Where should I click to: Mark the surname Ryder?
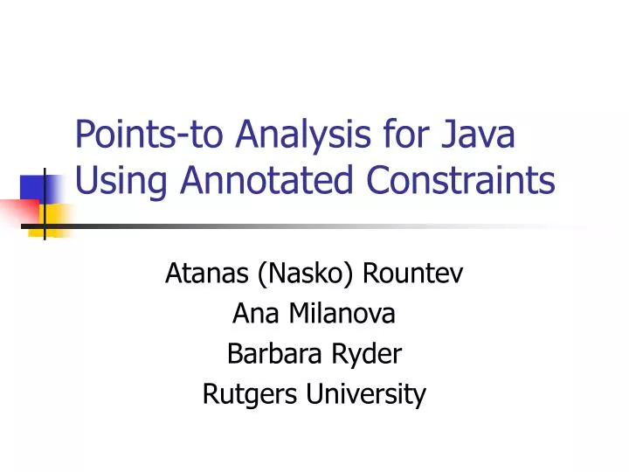point(370,355)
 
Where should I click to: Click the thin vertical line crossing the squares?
point(44,201)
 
